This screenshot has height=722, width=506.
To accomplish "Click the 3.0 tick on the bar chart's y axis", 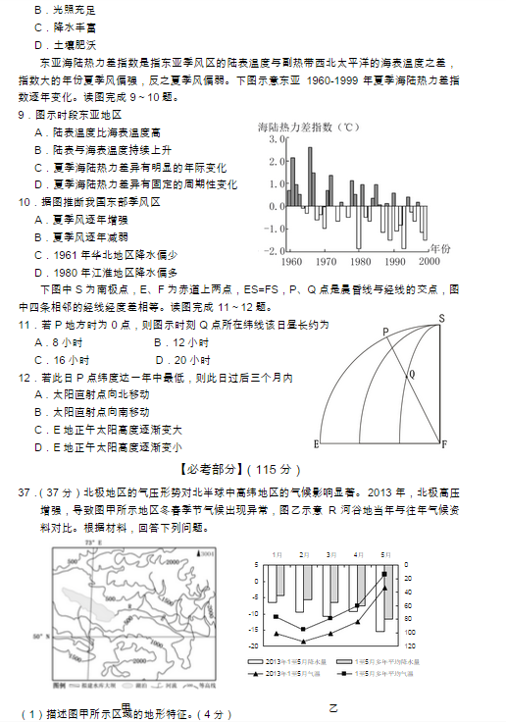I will pos(272,140).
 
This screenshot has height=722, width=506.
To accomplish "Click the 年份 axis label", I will pos(441,249).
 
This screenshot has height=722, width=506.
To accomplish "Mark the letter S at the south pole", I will pos(442,317).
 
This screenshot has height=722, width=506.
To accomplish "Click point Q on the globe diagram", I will pos(411,374).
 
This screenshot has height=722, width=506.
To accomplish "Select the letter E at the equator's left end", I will pos(317,443).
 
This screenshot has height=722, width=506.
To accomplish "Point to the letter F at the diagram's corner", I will pos(443,444).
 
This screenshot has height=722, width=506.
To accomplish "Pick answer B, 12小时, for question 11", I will pos(181,342).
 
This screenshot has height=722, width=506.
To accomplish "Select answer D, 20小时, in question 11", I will pos(181,359).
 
